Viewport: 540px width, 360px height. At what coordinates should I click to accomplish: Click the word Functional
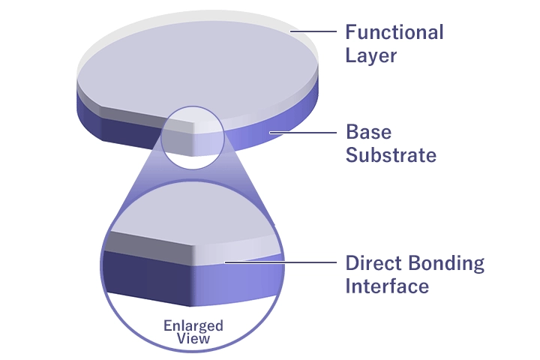click(394, 33)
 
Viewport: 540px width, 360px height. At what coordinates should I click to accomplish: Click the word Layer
click(370, 56)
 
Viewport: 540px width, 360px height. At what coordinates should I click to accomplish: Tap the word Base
click(368, 133)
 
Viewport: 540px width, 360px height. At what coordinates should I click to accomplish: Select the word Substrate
click(391, 156)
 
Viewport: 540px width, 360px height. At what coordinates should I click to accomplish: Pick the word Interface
click(387, 286)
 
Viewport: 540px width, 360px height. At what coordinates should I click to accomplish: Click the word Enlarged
click(193, 325)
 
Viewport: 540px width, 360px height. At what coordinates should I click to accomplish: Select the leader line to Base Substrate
click(304, 133)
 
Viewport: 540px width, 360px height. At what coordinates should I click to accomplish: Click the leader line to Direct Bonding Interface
click(277, 262)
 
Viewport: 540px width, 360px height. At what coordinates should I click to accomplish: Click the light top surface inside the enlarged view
click(187, 214)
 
